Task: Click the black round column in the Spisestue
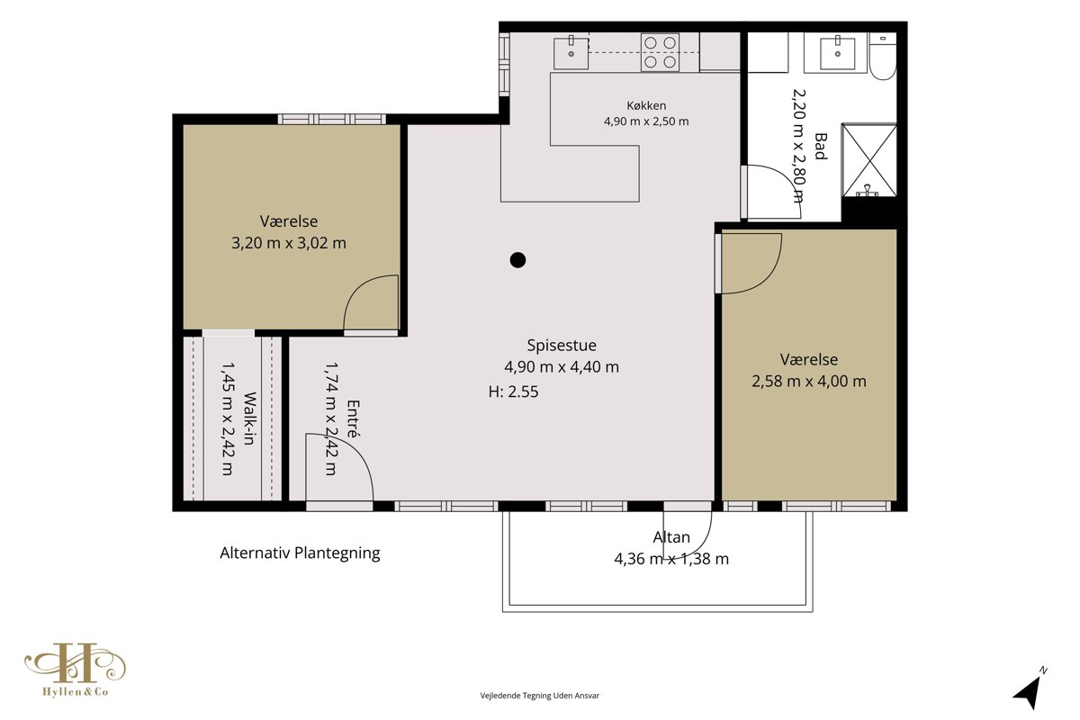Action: (517, 260)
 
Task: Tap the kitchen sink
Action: (571, 52)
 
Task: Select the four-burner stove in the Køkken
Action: (660, 52)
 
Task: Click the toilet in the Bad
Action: (883, 57)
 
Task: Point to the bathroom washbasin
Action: (838, 52)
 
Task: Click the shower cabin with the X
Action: (869, 160)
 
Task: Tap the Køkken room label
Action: (646, 105)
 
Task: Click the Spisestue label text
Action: (562, 346)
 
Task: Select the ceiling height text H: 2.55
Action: (514, 391)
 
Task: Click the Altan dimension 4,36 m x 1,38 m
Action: (671, 559)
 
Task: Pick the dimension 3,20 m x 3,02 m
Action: (289, 243)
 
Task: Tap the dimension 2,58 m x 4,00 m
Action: (809, 382)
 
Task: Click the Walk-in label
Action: (249, 418)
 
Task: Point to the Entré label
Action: (354, 418)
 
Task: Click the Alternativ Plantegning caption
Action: (300, 553)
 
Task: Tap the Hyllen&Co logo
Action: (76, 670)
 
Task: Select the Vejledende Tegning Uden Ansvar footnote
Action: (539, 696)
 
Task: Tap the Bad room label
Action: (820, 146)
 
